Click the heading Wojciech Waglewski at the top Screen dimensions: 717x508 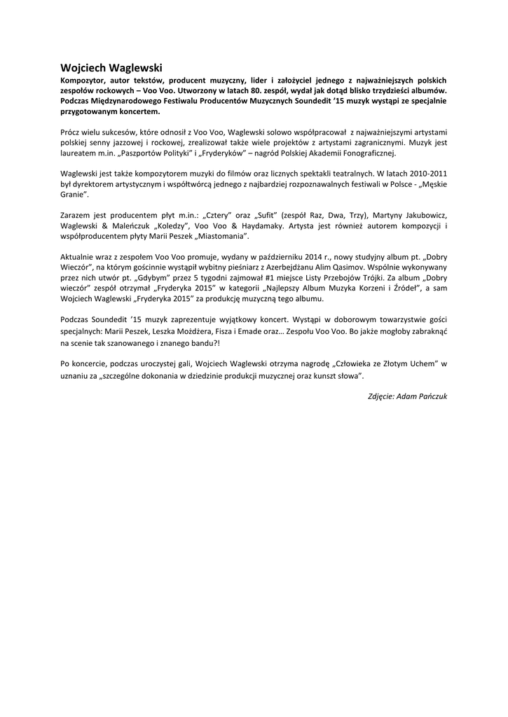[x=111, y=68]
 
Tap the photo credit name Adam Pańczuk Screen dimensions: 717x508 [x=422, y=396]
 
